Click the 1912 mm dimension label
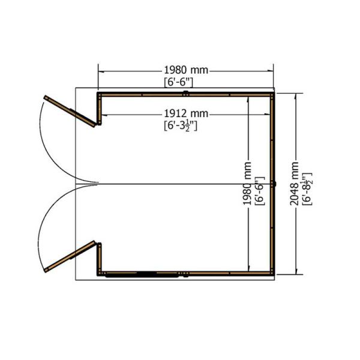click(x=186, y=113)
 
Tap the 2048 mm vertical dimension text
click(x=294, y=184)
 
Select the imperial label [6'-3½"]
click(x=181, y=126)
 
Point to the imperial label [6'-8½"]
click(x=307, y=189)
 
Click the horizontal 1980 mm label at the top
click(x=186, y=70)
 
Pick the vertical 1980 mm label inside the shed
click(x=247, y=184)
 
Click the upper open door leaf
click(x=70, y=111)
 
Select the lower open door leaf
click(x=70, y=256)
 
